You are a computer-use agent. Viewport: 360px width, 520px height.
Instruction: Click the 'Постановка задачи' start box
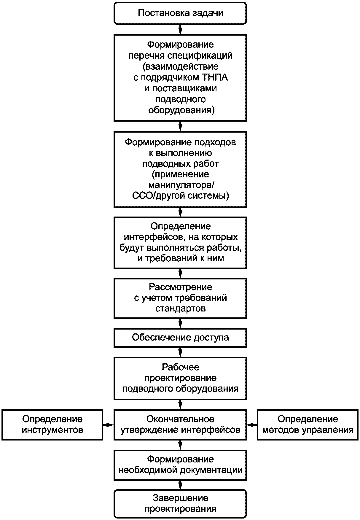coord(180,13)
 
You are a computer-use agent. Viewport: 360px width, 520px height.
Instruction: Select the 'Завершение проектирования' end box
coord(180,504)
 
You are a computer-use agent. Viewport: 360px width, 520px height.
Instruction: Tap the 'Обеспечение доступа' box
coord(180,338)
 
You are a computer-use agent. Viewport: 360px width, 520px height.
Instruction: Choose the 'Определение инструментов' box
coord(52,425)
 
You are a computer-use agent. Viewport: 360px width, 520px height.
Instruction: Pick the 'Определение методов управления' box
coord(308,425)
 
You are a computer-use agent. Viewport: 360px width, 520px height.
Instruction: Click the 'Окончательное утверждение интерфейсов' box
coord(180,425)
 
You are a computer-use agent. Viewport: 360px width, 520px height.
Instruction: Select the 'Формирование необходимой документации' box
coord(180,465)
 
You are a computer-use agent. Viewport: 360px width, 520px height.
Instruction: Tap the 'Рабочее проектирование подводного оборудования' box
coord(180,378)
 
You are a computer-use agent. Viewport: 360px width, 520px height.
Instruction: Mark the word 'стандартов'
coord(181,308)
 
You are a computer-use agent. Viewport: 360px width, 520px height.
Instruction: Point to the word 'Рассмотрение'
coord(181,287)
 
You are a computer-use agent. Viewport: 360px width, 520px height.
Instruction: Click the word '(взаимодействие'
coord(181,66)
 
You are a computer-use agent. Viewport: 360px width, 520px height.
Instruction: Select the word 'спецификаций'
coord(201,56)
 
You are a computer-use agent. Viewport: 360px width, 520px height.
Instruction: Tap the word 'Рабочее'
coord(181,367)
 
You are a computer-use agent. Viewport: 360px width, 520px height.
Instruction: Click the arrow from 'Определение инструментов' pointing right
coord(108,425)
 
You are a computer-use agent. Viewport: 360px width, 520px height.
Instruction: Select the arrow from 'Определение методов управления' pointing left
coord(252,425)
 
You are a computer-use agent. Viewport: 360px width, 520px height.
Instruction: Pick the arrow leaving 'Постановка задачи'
coord(180,29)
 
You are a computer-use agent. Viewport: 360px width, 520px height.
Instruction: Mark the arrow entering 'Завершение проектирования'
coord(180,485)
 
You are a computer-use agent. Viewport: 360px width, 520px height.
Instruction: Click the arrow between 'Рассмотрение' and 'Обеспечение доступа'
coord(180,323)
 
